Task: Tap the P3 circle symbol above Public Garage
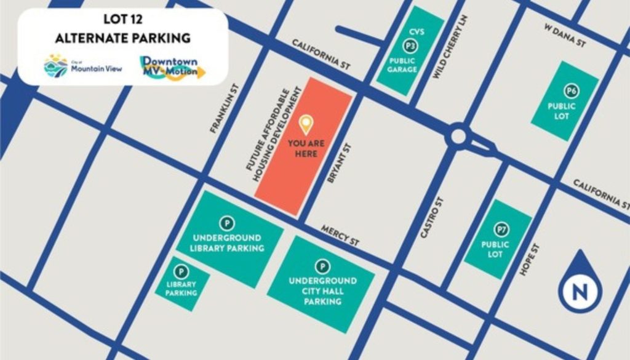tap(409, 46)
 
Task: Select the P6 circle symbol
tap(572, 92)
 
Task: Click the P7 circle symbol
tap(503, 230)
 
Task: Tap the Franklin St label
tap(222, 108)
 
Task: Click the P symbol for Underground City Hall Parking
tap(321, 266)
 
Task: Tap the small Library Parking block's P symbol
tap(181, 271)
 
